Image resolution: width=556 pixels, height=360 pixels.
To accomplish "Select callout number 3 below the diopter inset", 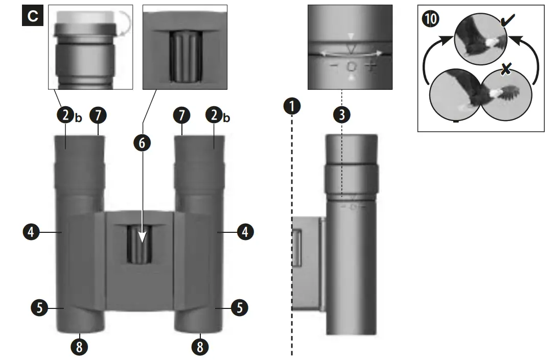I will pyautogui.click(x=341, y=114).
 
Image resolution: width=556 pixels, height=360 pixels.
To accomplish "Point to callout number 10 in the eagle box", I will pyautogui.click(x=430, y=20).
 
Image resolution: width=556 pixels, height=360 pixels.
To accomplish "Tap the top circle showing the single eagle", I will pyautogui.click(x=480, y=39).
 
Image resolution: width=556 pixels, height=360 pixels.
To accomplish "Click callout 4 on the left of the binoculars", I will pyautogui.click(x=30, y=232).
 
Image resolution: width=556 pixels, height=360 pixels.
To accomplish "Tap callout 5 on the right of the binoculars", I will pyautogui.click(x=240, y=307).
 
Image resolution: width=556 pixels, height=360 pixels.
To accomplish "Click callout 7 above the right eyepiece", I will pyautogui.click(x=181, y=115).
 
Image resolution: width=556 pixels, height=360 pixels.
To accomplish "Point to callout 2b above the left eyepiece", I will pyautogui.click(x=67, y=115).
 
